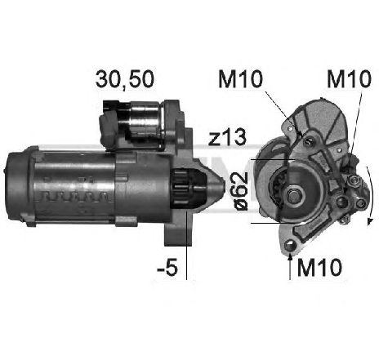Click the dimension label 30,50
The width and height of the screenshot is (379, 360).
click(x=125, y=79)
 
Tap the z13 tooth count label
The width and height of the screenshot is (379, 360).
click(x=227, y=137)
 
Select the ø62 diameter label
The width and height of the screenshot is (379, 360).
click(x=241, y=191)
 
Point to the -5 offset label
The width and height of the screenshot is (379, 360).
click(x=167, y=267)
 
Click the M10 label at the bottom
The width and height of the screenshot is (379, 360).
click(x=319, y=267)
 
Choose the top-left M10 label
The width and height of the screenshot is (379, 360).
click(x=240, y=79)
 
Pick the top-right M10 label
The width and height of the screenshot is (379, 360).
click(x=349, y=79)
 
